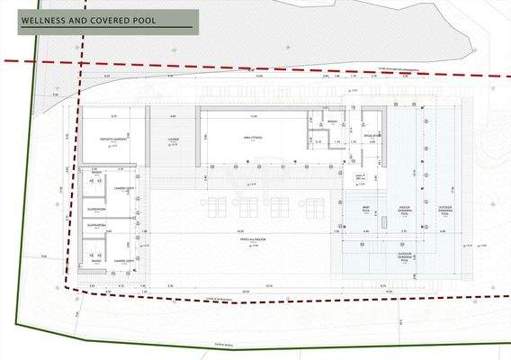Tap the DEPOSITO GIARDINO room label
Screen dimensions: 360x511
click(112, 139)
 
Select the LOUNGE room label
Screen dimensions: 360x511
click(174, 139)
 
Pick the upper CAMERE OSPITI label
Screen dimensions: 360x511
click(124, 187)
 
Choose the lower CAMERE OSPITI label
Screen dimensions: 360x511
click(124, 260)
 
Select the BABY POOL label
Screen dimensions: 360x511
click(366, 210)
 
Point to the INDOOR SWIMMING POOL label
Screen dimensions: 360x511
click(404, 211)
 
